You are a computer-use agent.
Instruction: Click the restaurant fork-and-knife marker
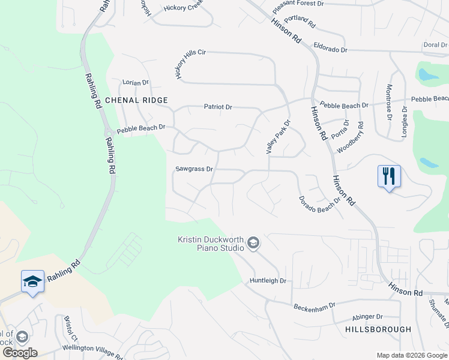[x=389, y=176]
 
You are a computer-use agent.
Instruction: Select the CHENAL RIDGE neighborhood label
[x=136, y=100]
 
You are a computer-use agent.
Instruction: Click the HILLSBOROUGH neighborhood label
[x=378, y=329]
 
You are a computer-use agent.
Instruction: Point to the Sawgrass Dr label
[x=194, y=169]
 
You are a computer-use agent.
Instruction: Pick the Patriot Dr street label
[x=217, y=107]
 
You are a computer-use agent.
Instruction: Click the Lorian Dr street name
[x=135, y=82]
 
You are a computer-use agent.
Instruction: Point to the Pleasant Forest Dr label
[x=298, y=4]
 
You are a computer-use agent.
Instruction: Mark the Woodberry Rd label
[x=351, y=137]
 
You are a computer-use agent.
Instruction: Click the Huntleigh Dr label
[x=268, y=280]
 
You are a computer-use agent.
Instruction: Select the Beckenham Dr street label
[x=315, y=307]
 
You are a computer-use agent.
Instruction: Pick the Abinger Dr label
[x=367, y=317]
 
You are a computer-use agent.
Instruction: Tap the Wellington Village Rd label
[x=92, y=349]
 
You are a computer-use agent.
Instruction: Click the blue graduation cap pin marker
[x=32, y=281]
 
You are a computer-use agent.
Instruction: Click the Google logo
[x=20, y=353]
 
